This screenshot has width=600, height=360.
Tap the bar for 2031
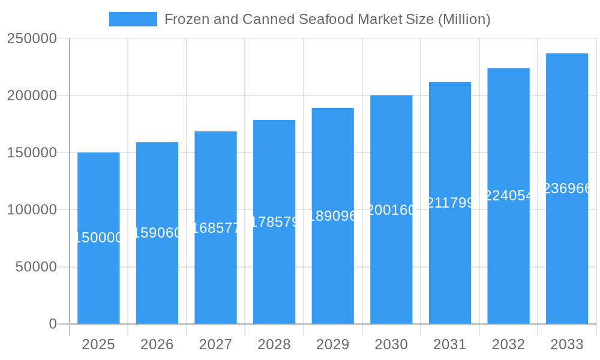click(x=450, y=264)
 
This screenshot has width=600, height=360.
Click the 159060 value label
click(x=157, y=233)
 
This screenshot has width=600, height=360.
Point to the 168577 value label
click(x=215, y=227)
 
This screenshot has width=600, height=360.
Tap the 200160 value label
click(x=391, y=210)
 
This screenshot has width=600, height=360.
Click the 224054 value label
click(x=508, y=195)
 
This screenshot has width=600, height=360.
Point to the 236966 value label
click(x=567, y=188)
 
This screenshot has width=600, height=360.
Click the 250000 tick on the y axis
click(x=32, y=39)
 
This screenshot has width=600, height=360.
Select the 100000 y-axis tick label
click(x=32, y=210)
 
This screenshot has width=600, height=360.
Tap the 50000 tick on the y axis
click(x=36, y=267)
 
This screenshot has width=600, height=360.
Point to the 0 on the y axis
click(x=53, y=324)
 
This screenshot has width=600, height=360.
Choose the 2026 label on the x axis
click(x=157, y=344)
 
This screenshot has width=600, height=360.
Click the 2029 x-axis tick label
click(x=333, y=344)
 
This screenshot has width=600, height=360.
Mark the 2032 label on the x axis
click(x=508, y=344)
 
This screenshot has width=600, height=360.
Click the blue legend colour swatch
click(x=133, y=19)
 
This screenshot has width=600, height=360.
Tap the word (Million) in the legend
click(x=464, y=19)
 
